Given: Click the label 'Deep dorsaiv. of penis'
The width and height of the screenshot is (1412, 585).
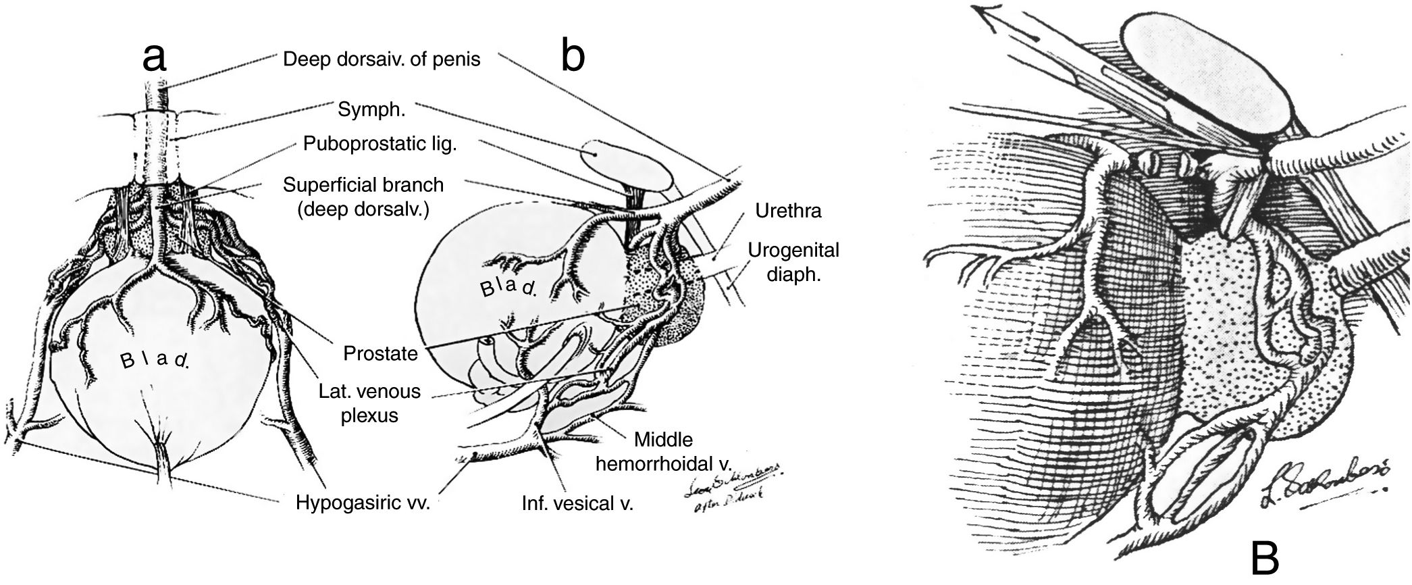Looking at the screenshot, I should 382,59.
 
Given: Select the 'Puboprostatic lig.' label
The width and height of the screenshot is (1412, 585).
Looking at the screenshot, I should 380,144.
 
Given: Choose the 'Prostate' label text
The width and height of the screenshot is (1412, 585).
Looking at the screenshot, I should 380,353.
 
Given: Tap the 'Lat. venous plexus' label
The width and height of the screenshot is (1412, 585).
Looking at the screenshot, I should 369,403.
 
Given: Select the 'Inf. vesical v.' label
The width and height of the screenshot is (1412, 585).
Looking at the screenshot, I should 577,503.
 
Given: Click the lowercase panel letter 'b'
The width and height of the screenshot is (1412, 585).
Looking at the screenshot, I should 573,59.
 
